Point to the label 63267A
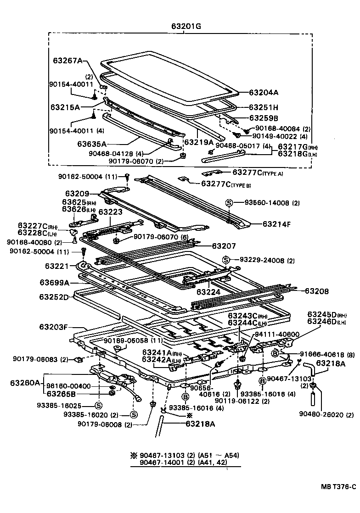[x=67, y=60]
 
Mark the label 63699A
[x=54, y=282]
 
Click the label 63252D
[x=54, y=297]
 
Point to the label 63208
[x=318, y=291]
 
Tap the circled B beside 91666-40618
[x=275, y=353]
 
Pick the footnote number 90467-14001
[x=159, y=463]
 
